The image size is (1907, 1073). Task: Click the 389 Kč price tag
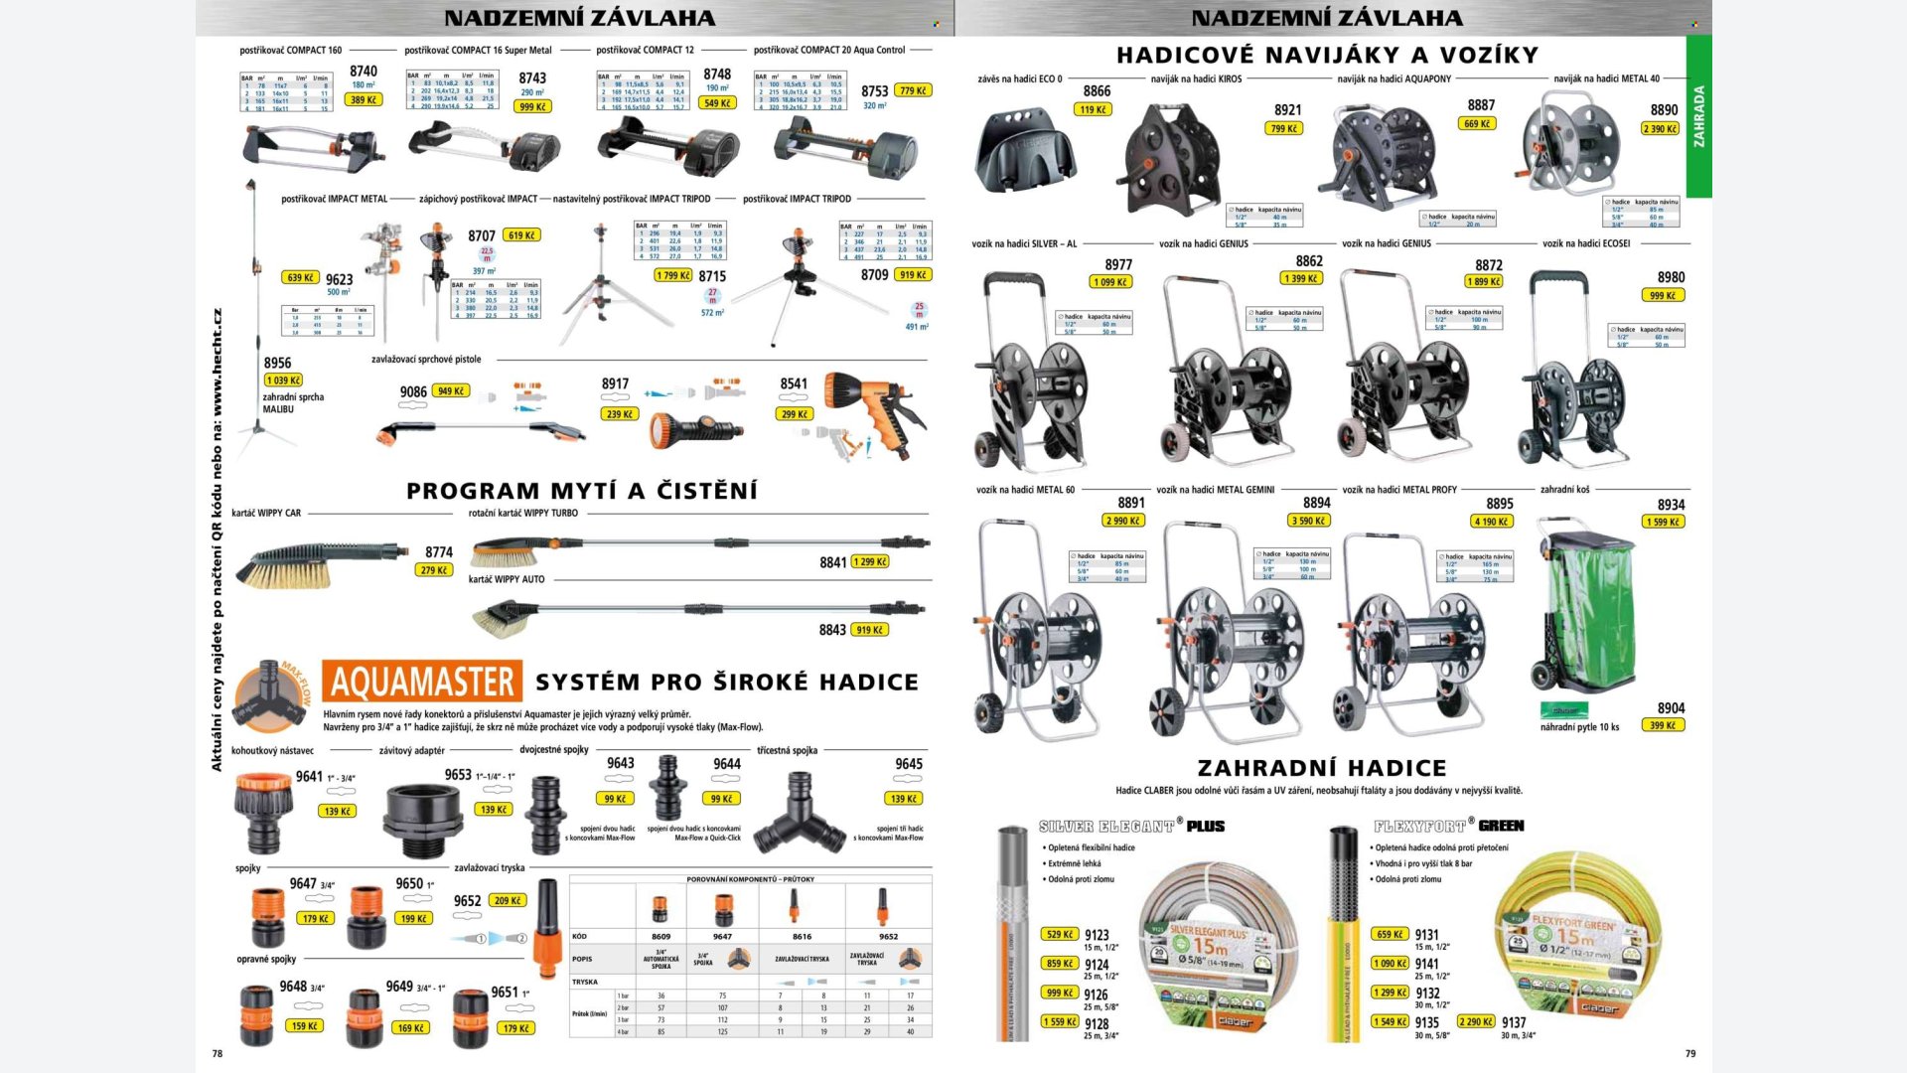click(364, 100)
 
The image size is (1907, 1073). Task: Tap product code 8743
click(532, 77)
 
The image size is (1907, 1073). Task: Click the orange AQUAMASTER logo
click(422, 683)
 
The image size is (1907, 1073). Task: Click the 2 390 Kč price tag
click(1660, 129)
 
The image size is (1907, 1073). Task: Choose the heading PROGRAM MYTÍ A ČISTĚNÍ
click(581, 491)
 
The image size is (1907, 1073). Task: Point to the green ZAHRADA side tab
click(1698, 116)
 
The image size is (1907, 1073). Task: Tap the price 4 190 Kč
click(1491, 522)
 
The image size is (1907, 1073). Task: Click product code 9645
click(909, 764)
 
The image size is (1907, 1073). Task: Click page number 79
click(1690, 1053)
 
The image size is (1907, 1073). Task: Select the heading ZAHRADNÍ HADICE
click(1322, 768)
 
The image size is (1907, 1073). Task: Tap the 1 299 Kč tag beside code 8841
click(870, 562)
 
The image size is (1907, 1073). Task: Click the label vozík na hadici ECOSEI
click(1586, 243)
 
